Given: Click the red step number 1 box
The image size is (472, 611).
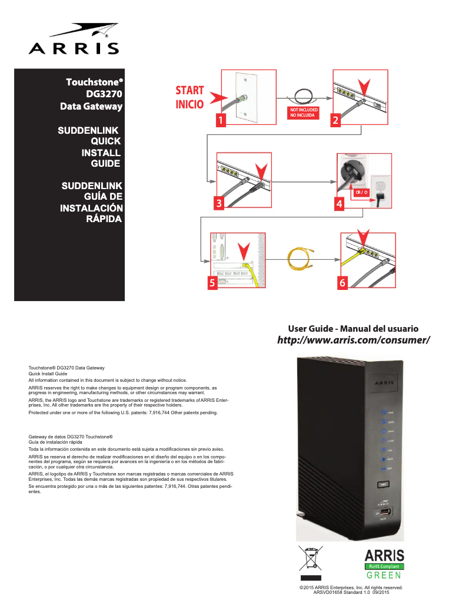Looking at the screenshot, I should (221, 120).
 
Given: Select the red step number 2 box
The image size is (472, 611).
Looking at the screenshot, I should (335, 120).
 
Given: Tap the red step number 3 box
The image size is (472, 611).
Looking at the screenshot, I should (220, 203).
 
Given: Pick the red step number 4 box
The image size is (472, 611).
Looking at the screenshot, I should (339, 203).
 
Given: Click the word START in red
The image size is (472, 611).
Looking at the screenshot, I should (190, 91).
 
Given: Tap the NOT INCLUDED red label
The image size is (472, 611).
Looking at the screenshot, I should (303, 110).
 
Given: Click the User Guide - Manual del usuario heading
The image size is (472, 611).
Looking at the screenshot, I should (353, 328).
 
